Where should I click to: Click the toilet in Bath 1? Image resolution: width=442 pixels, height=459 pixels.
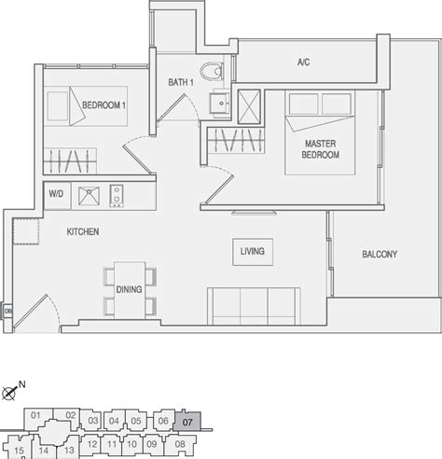212,71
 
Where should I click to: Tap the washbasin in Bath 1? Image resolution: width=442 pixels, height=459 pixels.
220,103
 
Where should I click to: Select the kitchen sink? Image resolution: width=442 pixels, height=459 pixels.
89,196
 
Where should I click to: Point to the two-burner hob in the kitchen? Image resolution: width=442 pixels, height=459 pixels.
117,196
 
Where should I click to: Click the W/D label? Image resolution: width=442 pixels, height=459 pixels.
56,194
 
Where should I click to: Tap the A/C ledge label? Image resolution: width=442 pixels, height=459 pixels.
303,63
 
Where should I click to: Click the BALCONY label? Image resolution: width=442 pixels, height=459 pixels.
380,254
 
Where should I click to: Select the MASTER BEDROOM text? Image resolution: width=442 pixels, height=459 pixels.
321,149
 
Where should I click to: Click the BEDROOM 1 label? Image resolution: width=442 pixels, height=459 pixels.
104,105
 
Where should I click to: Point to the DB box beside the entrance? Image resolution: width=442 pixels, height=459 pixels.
7,311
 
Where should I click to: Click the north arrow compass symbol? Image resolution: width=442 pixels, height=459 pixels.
8,394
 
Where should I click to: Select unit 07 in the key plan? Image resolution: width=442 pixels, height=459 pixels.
187,422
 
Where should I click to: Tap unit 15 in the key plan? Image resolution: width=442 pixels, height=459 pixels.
19,451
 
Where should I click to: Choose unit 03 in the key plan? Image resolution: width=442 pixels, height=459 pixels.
93,421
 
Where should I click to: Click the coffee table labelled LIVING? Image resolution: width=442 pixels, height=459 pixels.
253,252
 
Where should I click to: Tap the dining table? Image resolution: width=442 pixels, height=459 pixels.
130,290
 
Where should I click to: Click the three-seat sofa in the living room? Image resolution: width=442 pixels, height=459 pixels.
254,306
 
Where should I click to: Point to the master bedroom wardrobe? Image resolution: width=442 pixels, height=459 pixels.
236,140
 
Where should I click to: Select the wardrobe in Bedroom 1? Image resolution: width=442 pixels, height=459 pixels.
70,161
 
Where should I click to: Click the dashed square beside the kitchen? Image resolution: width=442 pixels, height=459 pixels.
26,231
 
